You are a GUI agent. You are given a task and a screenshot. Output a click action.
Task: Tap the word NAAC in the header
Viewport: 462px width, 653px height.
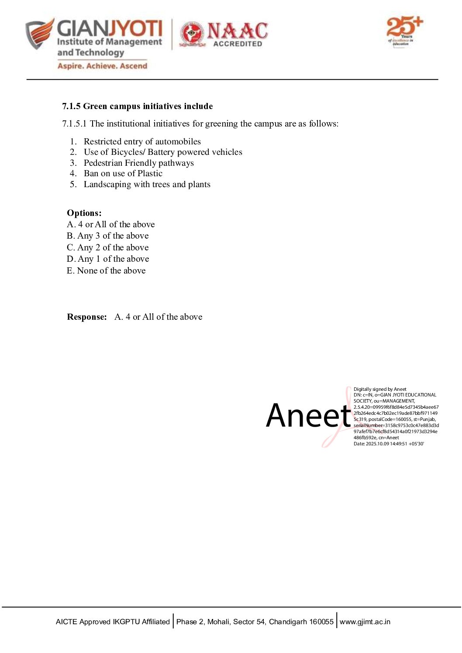238,31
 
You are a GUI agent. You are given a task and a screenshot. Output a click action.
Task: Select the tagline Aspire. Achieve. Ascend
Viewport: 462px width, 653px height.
102,66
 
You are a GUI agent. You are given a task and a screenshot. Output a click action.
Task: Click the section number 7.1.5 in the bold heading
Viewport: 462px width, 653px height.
71,106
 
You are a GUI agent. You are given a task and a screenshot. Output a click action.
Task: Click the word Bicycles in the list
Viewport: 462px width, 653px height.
127,152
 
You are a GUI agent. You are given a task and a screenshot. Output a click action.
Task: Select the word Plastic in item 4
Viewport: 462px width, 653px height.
150,174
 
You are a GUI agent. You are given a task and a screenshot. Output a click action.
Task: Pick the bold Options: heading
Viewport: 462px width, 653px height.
84,213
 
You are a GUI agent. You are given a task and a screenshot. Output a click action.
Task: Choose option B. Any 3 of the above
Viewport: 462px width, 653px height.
108,236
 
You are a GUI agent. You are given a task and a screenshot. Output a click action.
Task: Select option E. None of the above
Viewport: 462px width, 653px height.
106,271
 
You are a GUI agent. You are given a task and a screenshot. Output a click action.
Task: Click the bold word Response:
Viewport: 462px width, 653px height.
87,317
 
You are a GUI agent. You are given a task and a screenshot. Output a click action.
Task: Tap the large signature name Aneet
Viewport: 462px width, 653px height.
309,416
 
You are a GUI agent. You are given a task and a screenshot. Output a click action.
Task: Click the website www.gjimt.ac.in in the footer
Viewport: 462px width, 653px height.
365,622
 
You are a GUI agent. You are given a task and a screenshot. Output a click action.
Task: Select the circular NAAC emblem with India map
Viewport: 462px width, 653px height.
192,34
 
